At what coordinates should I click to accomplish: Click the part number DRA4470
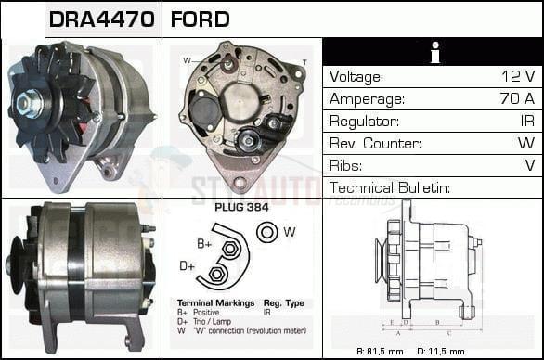coord(89,19)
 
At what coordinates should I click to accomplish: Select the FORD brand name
coord(201,19)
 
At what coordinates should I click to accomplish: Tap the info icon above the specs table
coord(433,52)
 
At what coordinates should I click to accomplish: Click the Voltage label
coord(356,76)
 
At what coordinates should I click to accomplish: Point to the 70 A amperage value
coord(515,98)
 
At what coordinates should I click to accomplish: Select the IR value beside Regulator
coord(525,122)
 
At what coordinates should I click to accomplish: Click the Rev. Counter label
coord(375,144)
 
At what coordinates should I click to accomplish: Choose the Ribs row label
coord(345,166)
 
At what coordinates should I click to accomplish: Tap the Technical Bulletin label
coord(390,188)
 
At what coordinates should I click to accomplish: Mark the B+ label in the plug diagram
coord(204,244)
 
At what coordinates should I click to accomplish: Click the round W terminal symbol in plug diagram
coord(268,232)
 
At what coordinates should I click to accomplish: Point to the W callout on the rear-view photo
coord(187,60)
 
